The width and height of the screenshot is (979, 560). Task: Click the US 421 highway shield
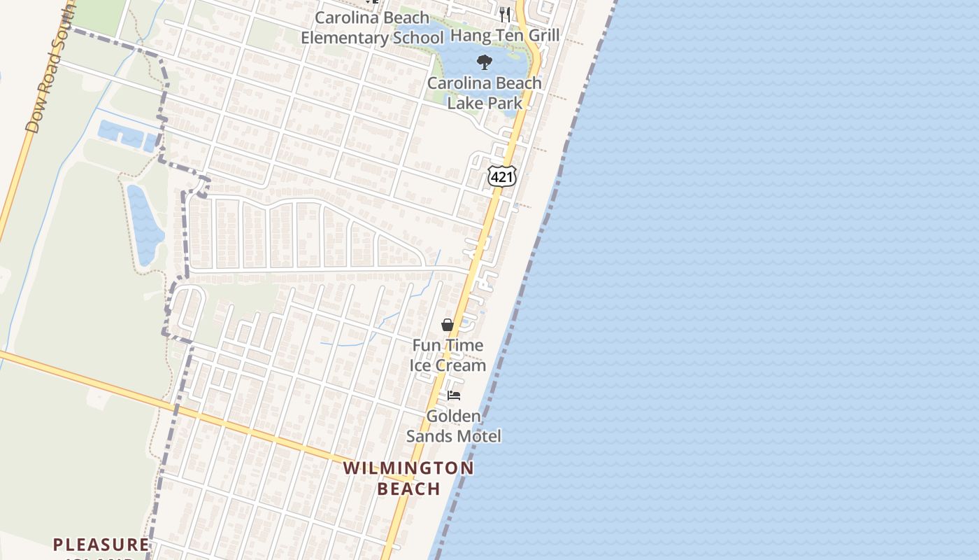click(502, 176)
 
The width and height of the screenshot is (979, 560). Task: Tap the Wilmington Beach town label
click(408, 478)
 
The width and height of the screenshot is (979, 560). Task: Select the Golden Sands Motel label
click(454, 426)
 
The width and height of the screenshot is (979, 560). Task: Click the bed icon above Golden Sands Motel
click(454, 395)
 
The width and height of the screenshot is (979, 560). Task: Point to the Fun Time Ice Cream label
click(448, 355)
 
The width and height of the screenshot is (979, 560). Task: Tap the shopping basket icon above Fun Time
click(448, 325)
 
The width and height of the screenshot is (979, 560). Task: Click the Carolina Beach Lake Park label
click(485, 92)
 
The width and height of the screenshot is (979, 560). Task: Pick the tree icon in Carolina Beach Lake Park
click(484, 62)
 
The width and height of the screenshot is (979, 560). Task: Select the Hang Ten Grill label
click(505, 35)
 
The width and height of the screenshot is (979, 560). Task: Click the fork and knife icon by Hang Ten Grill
click(505, 13)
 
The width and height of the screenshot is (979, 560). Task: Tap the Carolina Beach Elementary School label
click(372, 27)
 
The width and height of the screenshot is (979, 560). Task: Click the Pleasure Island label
click(101, 545)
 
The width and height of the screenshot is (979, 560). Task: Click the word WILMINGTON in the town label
click(408, 468)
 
